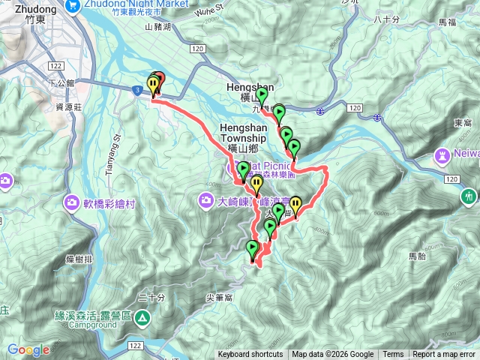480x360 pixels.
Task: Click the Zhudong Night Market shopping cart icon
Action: coord(73,5)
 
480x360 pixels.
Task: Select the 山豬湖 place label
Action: coord(158,26)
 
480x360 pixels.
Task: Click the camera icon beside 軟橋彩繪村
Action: coord(73,202)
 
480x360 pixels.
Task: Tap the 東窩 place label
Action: coord(463,123)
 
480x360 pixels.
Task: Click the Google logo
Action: coord(28,349)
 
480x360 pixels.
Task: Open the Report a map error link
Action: coord(444,355)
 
